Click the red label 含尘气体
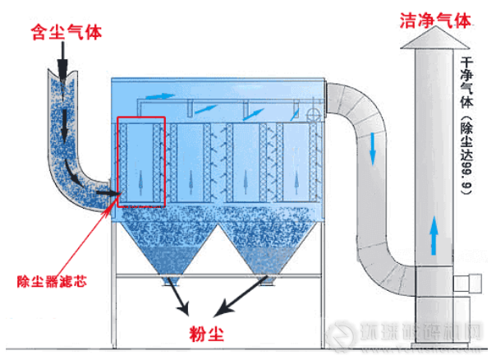66,32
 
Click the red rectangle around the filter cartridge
141,161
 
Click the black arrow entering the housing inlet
107,194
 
